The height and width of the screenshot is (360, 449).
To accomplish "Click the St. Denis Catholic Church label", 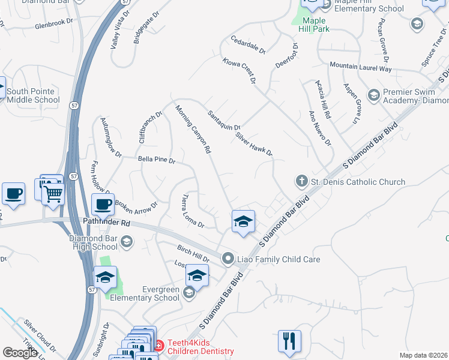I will tap(358, 182).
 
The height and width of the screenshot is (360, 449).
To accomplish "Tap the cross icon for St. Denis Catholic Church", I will tap(302, 181).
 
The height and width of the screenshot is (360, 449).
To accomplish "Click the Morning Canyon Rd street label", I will tap(193, 129).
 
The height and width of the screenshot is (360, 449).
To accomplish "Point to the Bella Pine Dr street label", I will tap(156, 160).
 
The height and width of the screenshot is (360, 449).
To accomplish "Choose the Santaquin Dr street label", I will tap(223, 120).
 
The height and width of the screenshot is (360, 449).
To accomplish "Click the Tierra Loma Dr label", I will tap(193, 211).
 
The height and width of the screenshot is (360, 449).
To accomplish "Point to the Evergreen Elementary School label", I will tap(152, 293).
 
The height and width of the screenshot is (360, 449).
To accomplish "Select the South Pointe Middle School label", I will tap(33, 95).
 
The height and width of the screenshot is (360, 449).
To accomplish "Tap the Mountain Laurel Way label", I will tap(360, 68).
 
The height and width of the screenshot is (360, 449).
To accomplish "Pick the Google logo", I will tap(20, 353).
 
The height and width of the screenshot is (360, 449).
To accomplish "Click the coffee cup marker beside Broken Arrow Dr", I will tap(103, 204).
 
